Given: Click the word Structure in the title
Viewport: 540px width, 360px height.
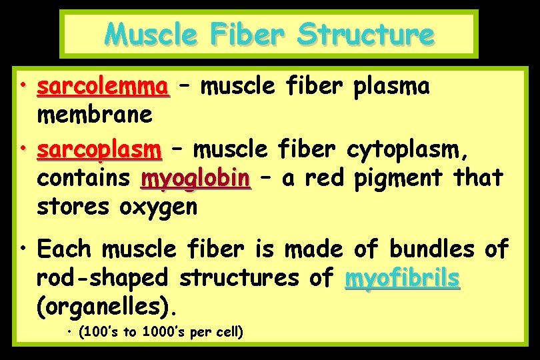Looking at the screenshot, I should click(x=365, y=34).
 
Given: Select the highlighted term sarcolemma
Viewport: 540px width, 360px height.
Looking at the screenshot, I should click(x=103, y=87).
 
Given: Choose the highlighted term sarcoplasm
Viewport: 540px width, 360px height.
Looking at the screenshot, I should click(x=99, y=150).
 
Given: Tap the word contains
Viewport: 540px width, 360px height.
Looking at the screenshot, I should click(x=83, y=179).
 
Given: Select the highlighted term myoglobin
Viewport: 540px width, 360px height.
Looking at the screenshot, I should click(x=195, y=179).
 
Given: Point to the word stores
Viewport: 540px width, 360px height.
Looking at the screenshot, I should click(x=75, y=207).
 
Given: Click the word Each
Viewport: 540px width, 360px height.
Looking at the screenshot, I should click(x=64, y=249).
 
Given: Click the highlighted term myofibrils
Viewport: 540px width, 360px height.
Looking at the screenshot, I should click(x=402, y=278).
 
